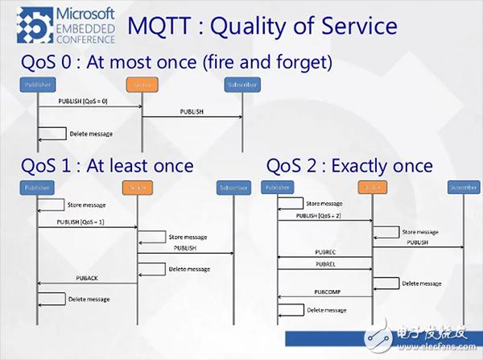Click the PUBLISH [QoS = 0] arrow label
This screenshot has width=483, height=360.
click(x=87, y=101)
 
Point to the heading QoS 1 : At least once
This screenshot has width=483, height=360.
click(x=106, y=166)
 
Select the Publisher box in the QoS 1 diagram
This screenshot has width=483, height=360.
click(x=37, y=188)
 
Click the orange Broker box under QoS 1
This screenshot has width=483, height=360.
click(x=136, y=188)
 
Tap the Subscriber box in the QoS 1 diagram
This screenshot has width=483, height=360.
click(x=233, y=188)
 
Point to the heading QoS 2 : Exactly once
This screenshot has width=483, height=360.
click(x=349, y=166)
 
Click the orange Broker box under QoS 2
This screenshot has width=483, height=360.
click(x=372, y=188)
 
